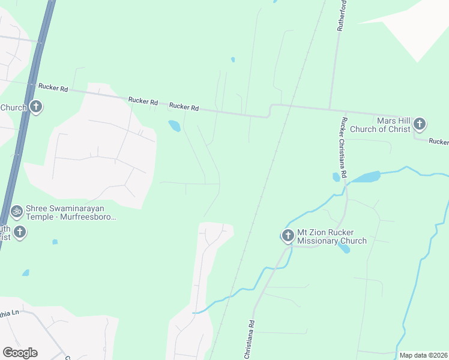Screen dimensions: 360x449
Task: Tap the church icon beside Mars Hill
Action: (x=420, y=124)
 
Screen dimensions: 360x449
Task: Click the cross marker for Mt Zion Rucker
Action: (x=288, y=235)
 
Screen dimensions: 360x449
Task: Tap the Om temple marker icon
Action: (x=17, y=211)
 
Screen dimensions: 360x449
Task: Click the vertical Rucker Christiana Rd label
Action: (x=344, y=148)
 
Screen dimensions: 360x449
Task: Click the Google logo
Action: (x=20, y=353)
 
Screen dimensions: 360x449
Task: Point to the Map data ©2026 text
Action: (x=423, y=355)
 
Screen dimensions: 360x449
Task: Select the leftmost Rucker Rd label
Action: (x=53, y=87)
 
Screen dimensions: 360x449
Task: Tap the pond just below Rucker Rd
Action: (x=174, y=126)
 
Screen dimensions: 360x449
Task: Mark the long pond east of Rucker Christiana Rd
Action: (x=365, y=177)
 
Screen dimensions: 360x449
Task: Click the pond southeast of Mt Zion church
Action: (x=345, y=248)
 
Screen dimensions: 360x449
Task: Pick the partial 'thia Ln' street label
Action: (x=10, y=313)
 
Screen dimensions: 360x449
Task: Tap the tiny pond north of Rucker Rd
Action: (x=232, y=60)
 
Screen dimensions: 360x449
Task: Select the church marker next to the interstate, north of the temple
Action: (x=36, y=107)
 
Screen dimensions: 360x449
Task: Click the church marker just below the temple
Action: (x=20, y=232)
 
